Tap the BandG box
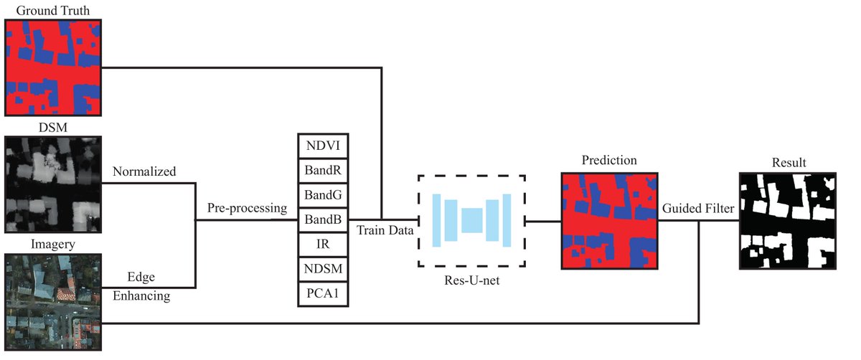324,196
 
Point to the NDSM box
324,270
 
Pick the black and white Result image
788,220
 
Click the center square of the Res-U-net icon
472,220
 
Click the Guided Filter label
697,209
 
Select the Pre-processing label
247,209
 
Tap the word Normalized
143,172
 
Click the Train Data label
384,232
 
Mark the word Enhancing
141,295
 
